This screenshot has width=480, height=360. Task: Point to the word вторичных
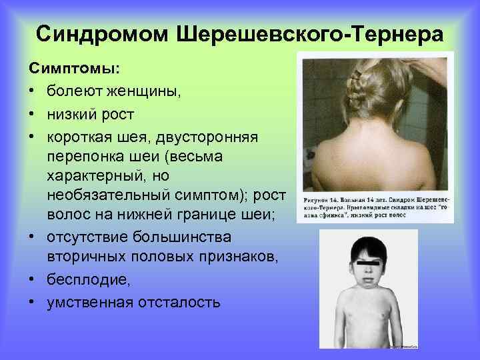click(x=87, y=259)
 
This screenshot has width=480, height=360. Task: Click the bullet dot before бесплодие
click(x=32, y=281)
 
